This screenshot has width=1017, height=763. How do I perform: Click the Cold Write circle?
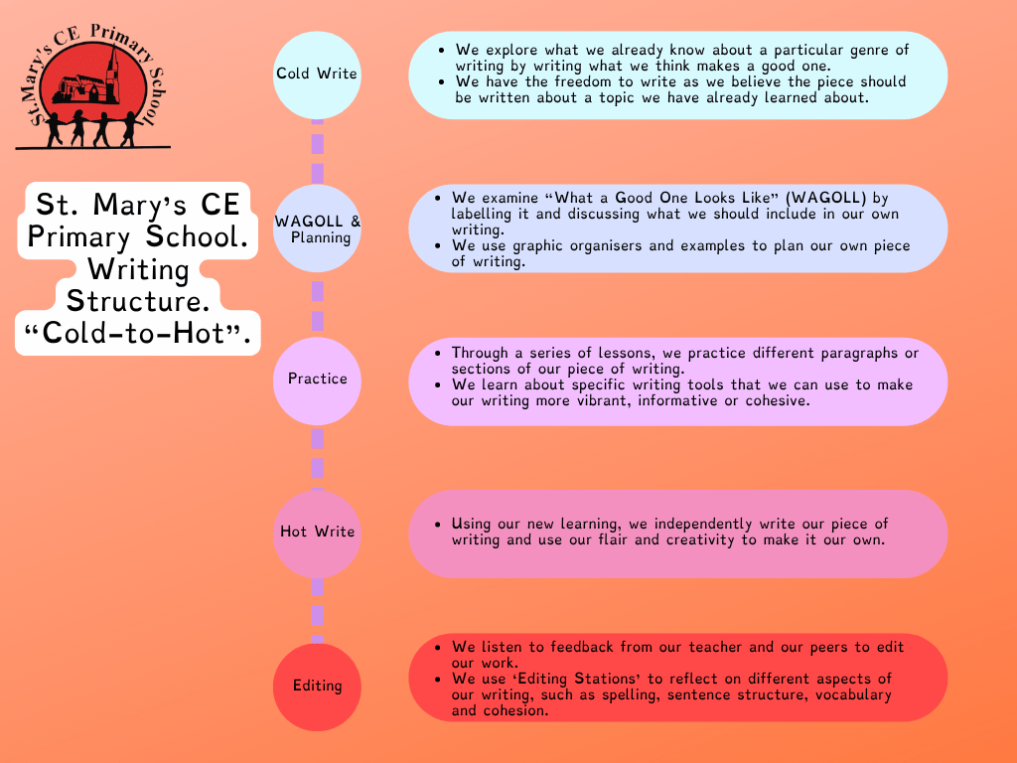pyautogui.click(x=317, y=75)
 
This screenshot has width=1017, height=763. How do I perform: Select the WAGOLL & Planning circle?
pyautogui.click(x=317, y=229)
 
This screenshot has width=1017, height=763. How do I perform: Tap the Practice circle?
pyautogui.click(x=317, y=381)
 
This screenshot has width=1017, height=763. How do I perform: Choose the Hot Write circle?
pyautogui.click(x=317, y=534)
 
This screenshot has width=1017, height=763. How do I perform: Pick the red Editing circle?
pyautogui.click(x=317, y=687)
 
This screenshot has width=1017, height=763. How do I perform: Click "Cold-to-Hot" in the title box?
pyautogui.click(x=137, y=334)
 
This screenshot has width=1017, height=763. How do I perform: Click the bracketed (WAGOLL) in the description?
pyautogui.click(x=825, y=198)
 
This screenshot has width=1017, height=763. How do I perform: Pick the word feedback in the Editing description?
pyautogui.click(x=582, y=647)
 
